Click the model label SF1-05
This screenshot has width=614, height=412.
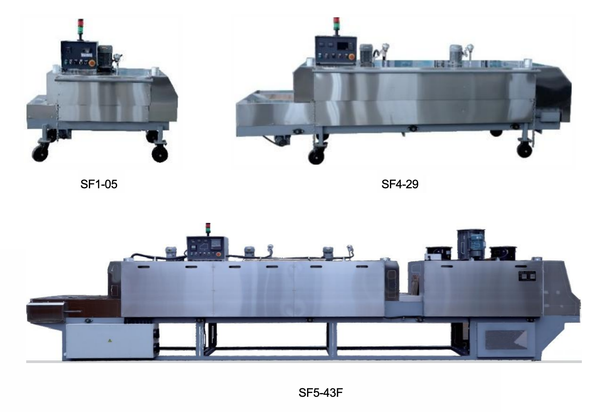[x=99, y=184]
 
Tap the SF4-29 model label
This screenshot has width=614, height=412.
[x=400, y=184]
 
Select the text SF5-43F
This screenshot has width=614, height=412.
[x=321, y=393]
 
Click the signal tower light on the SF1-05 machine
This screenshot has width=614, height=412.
[x=81, y=27]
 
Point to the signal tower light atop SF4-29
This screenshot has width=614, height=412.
[x=336, y=24]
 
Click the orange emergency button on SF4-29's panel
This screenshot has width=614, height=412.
[x=351, y=57]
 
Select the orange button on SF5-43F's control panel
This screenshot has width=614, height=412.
[x=219, y=255]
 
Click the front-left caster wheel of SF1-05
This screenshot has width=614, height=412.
[x=40, y=153]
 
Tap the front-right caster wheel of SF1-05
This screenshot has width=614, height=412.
[x=160, y=154]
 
